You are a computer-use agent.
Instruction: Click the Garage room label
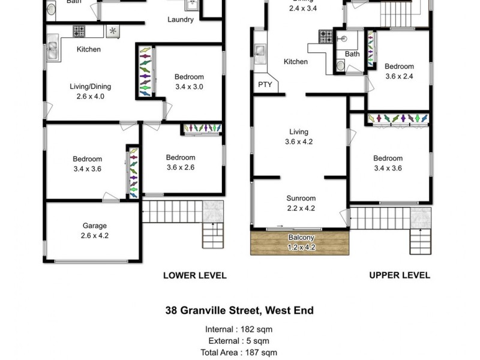[95, 226]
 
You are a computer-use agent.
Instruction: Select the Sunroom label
[301, 199]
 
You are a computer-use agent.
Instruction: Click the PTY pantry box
[265, 85]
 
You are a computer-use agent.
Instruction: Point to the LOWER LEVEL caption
[195, 275]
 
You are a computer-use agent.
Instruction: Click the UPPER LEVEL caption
[400, 275]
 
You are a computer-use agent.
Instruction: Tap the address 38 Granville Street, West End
[239, 311]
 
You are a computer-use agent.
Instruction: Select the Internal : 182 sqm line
[239, 329]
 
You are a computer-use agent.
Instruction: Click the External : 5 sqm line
[239, 341]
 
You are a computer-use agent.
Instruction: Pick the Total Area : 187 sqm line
[239, 353]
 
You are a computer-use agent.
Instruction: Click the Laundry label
[180, 20]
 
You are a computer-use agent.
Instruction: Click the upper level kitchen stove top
[326, 37]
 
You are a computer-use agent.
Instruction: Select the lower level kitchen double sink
[53, 50]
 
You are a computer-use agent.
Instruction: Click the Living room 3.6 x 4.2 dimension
[299, 142]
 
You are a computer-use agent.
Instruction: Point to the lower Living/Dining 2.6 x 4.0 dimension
[91, 96]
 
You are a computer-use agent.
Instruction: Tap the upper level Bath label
[352, 55]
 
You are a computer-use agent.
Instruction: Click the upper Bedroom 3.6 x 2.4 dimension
[399, 76]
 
